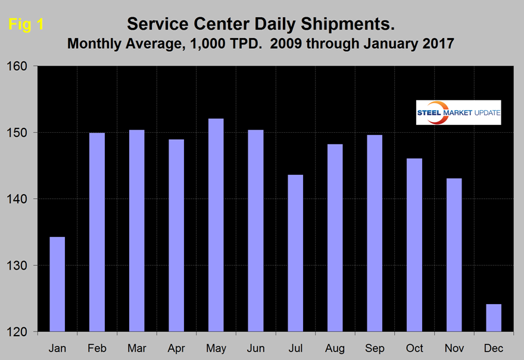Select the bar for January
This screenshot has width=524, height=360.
[x=57, y=284]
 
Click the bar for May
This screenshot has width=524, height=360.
[x=216, y=225]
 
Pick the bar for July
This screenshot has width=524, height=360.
[x=295, y=253]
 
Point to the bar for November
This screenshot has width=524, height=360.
[x=454, y=255]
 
